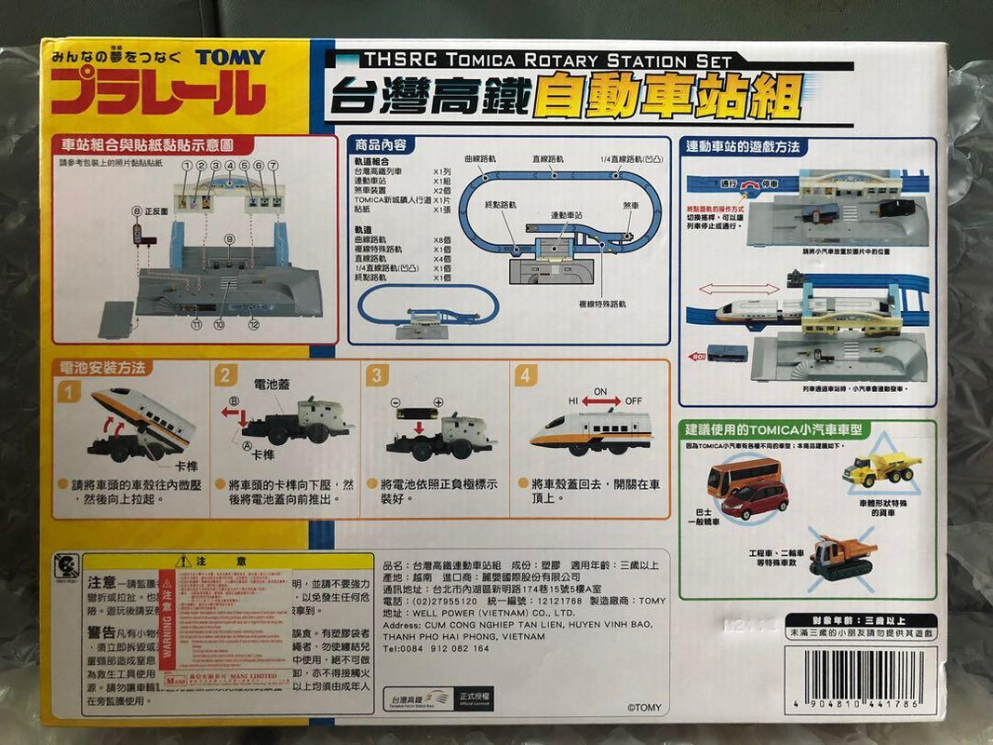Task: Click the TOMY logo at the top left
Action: pos(230,57)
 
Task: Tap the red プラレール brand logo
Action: pos(159,94)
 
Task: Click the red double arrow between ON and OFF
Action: pos(601,401)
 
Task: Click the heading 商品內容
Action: pos(381,146)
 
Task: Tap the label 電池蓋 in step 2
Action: pos(270,383)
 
